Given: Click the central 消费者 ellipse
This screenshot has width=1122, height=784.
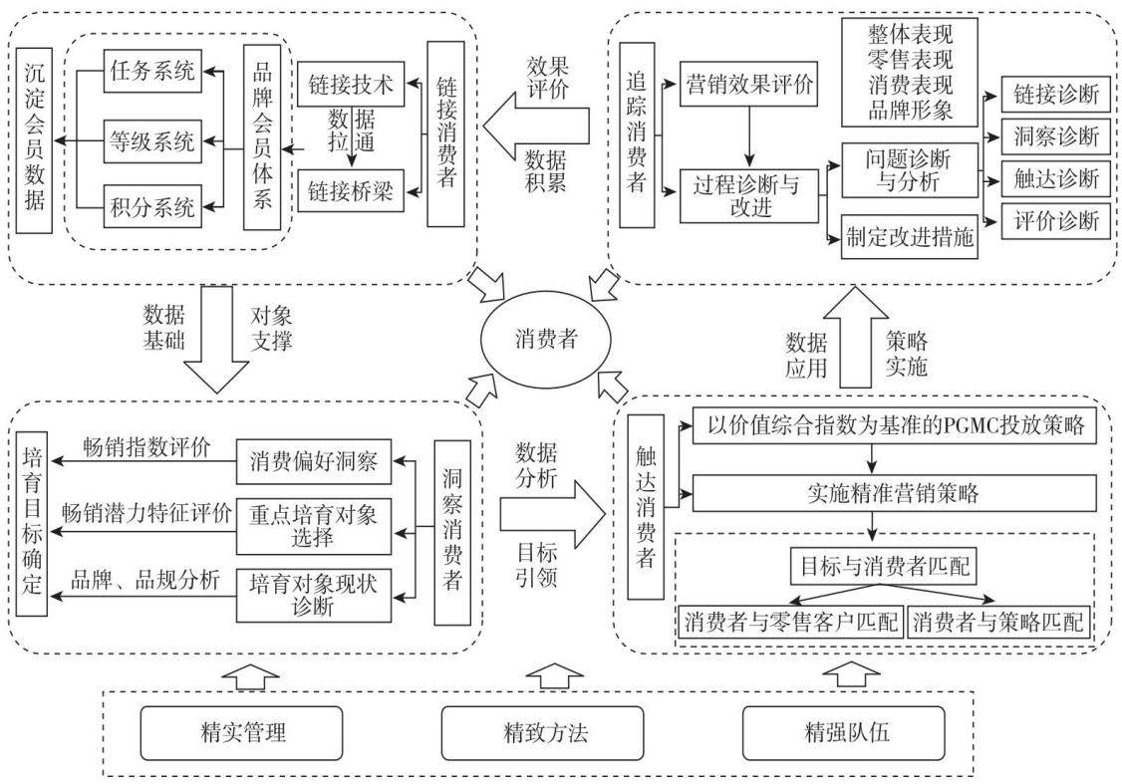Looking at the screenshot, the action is pos(545,339).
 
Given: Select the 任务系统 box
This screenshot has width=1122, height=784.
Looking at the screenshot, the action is pos(152,71).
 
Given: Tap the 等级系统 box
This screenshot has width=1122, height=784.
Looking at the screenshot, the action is pos(152,140).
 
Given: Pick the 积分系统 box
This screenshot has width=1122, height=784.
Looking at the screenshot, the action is pos(152,207).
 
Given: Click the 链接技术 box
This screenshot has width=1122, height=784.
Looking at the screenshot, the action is pos(351,85).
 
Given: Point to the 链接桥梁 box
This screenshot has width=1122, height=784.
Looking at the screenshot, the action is pos(351,191).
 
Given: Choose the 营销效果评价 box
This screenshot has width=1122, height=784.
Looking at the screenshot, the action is pos(748,85).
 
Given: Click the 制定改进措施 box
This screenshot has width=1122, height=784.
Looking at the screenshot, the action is pos(910,237).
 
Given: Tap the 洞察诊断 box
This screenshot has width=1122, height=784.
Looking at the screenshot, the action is pos(1055,135).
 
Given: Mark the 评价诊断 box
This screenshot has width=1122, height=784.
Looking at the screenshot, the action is pos(1055,220).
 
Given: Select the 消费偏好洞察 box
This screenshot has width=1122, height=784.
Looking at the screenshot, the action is pos(314,461).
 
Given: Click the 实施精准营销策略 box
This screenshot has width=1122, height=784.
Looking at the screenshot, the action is pos(894,493).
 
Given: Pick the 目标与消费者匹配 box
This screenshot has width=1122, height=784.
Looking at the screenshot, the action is pos(884,567).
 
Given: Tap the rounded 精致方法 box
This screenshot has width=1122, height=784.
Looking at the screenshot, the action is pos(542,732).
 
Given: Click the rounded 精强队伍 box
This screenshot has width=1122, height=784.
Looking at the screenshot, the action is pos(844,732).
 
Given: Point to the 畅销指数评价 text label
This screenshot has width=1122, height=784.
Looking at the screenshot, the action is pos(146,448).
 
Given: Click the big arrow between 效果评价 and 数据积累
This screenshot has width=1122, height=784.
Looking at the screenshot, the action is pos(536,127).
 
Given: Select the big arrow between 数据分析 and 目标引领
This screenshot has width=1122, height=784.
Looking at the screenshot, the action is pos(552,514).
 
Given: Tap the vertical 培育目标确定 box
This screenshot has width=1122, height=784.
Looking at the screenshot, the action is pos(32,523).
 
